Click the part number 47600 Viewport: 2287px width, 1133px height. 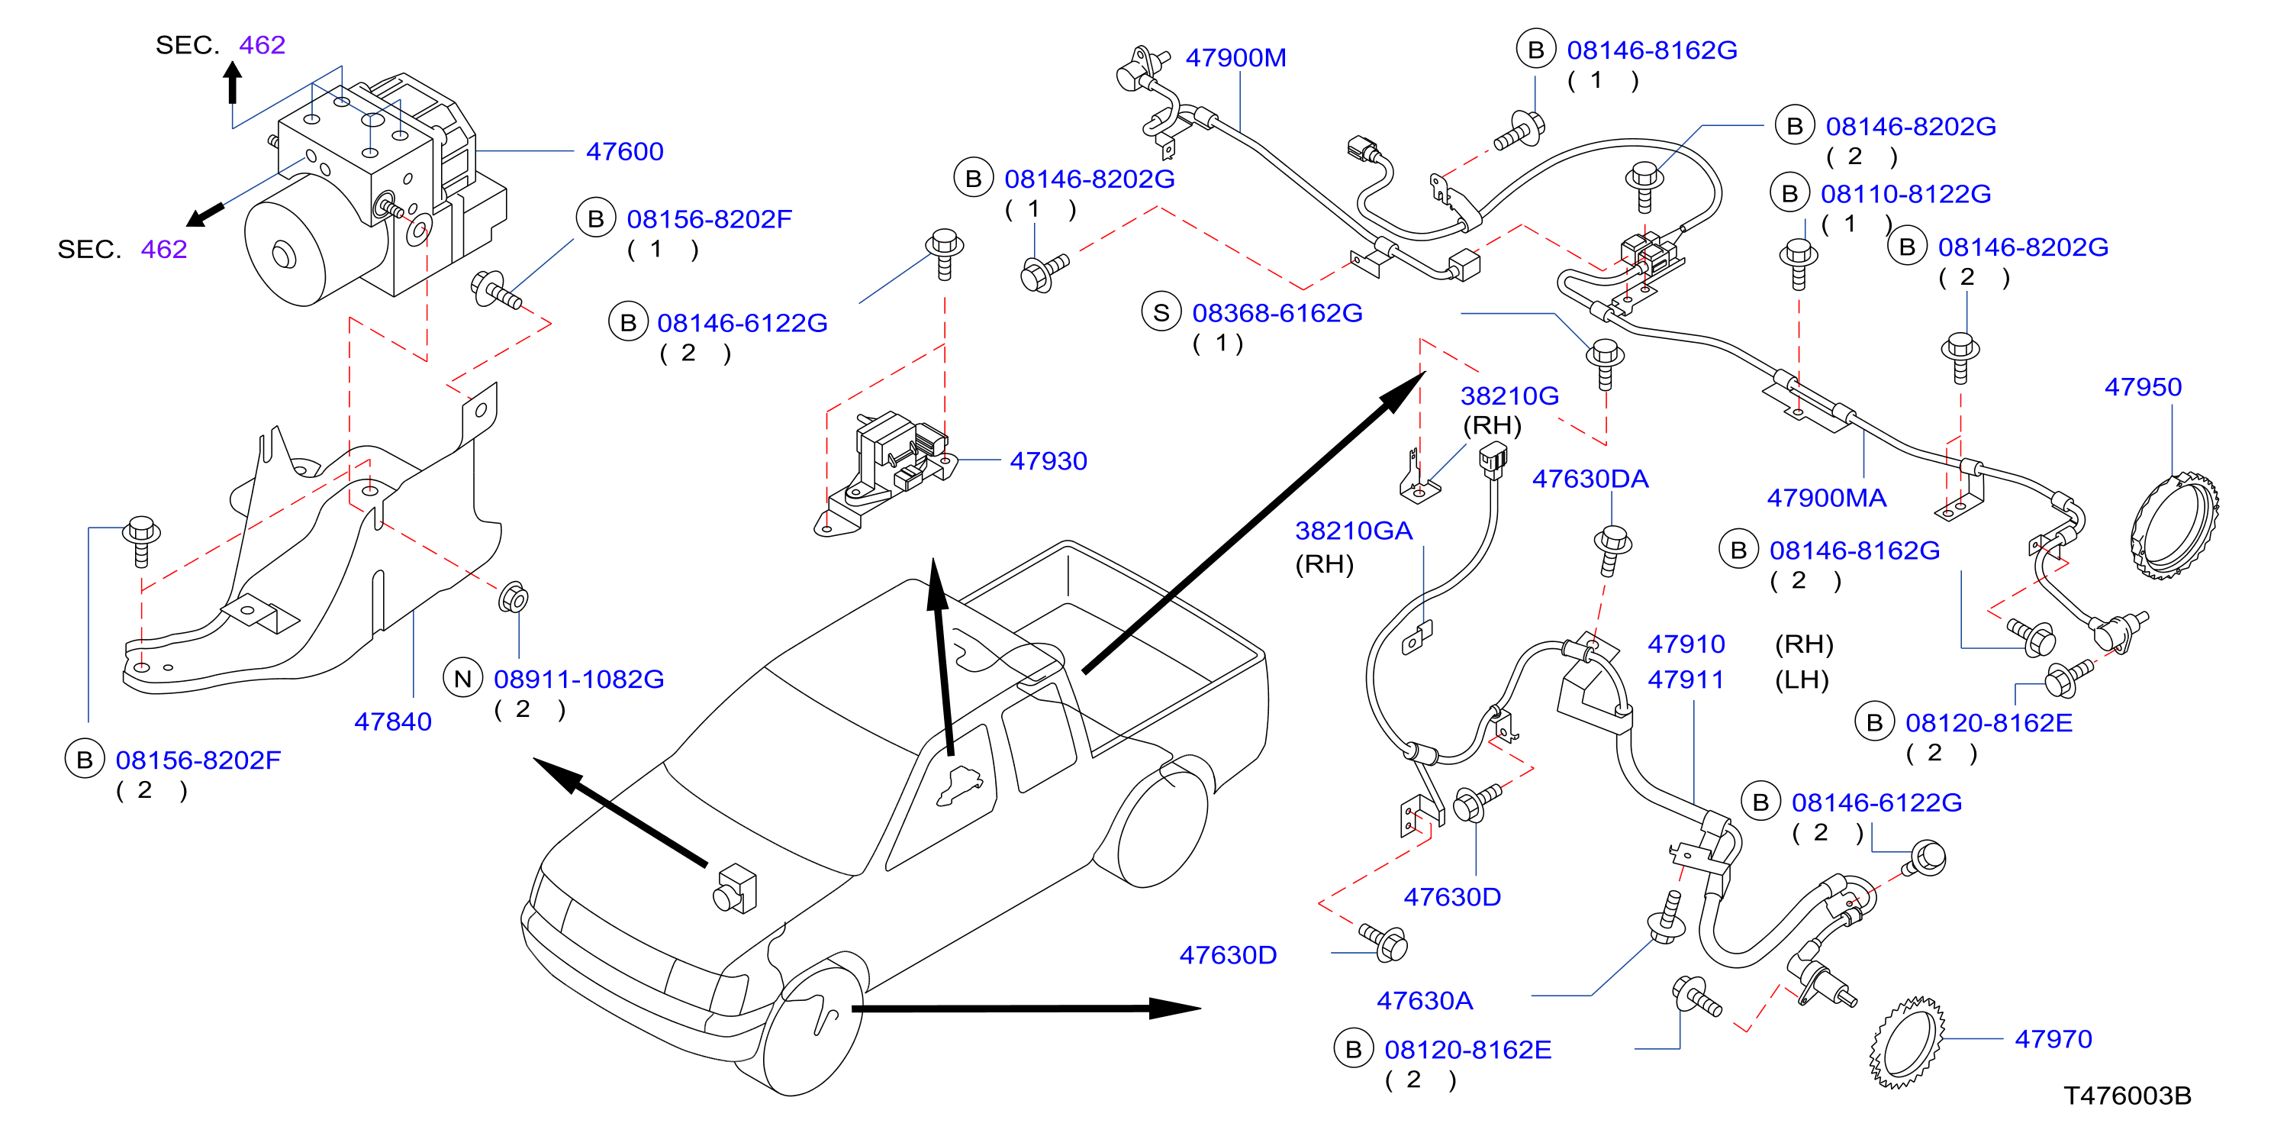tap(624, 152)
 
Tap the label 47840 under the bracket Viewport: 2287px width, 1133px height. tap(392, 722)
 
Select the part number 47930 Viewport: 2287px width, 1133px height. tap(1048, 461)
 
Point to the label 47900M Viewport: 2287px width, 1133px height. tap(1235, 58)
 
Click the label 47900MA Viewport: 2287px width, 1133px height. tap(1826, 498)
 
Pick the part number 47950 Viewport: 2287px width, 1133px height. tap(2142, 387)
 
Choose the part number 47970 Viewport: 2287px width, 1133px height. tap(2053, 1039)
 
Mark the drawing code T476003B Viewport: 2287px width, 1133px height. tap(2128, 1096)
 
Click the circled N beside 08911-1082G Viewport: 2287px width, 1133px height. tap(462, 679)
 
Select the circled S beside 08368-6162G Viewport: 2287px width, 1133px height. tap(1161, 312)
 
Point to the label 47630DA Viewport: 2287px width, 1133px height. tap(1590, 479)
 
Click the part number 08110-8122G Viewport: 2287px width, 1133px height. tap(1905, 194)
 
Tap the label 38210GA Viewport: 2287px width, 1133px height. tap(1353, 531)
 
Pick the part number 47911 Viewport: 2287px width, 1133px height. tap(1686, 680)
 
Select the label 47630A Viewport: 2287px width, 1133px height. tap(1424, 1002)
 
